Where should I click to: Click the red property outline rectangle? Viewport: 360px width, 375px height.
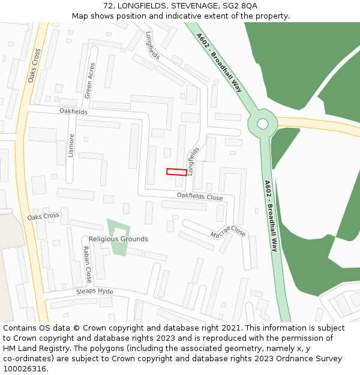(176, 172)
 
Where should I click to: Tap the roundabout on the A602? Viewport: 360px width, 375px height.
(263, 124)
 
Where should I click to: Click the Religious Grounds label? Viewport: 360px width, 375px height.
(118, 239)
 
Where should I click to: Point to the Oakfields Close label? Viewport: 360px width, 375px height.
(199, 196)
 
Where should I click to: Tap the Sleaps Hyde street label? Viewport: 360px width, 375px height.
(94, 292)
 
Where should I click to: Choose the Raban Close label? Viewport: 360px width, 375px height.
(87, 265)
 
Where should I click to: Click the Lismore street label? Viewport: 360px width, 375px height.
(71, 145)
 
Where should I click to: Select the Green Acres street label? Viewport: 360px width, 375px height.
(89, 80)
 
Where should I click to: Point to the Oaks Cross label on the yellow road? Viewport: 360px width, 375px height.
(34, 65)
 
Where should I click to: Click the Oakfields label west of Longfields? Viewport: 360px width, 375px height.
(73, 112)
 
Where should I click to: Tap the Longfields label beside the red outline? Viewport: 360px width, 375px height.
(193, 161)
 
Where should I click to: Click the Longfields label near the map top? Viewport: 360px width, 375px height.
(152, 46)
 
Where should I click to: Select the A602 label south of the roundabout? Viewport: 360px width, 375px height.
(271, 215)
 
